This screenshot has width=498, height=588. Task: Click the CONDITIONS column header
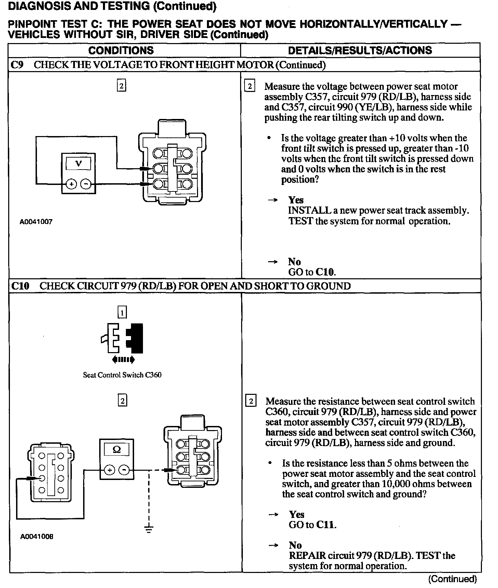pos(121,50)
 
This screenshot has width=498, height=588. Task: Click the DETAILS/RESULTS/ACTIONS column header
pos(360,50)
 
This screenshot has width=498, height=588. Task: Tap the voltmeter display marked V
pos(78,164)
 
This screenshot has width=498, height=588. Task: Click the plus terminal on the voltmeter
pos(72,184)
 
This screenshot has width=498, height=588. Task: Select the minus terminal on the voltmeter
pos(86,184)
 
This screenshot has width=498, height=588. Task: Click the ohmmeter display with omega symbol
pos(117,450)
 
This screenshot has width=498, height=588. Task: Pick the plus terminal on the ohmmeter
pos(110,470)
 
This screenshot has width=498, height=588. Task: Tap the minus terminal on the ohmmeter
pos(124,470)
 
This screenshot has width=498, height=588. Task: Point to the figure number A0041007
pos(36,222)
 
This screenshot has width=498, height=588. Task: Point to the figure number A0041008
pos(37,536)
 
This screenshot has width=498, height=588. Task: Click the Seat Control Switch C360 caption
pos(122,375)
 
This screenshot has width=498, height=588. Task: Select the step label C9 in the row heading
pos(17,65)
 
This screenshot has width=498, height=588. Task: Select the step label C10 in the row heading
pos(20,286)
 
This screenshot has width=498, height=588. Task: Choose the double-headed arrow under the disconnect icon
pos(123,359)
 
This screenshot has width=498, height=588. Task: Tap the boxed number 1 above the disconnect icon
pos(122,312)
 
